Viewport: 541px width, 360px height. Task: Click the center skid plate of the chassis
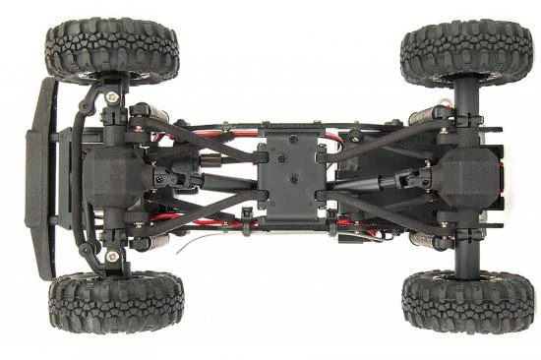point(289,177)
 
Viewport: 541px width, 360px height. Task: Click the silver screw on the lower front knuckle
point(112,257)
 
